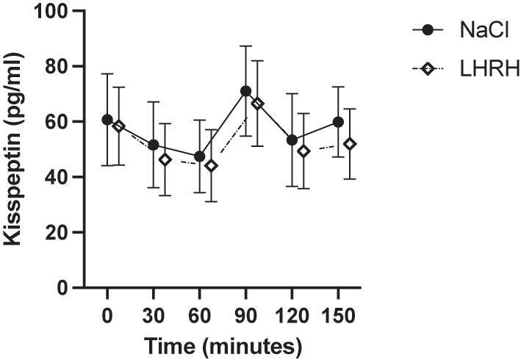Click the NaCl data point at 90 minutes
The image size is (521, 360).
(x=245, y=91)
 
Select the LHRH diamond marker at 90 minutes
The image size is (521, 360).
(x=257, y=104)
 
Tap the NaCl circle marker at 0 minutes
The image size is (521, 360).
(x=107, y=120)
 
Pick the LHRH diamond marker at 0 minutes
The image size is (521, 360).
(x=118, y=126)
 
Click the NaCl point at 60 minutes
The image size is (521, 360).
(x=199, y=156)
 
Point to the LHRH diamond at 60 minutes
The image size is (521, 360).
(x=211, y=166)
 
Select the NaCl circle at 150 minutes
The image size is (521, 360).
(x=338, y=122)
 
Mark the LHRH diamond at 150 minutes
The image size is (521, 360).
(x=350, y=144)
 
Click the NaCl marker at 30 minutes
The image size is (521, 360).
(x=153, y=145)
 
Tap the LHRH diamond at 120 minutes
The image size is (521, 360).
(x=303, y=151)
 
